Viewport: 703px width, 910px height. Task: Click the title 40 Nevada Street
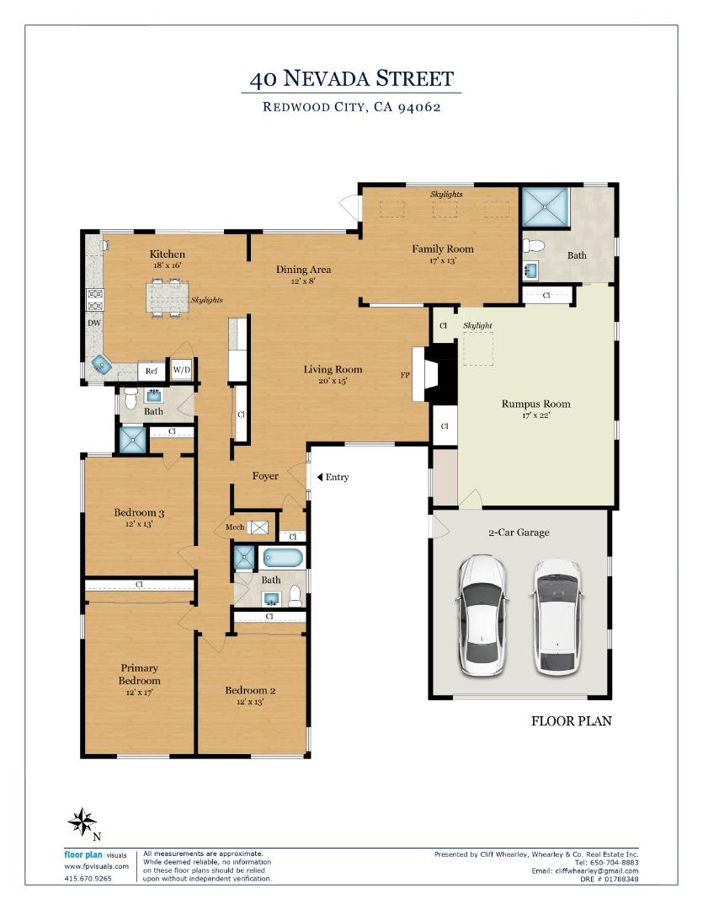click(x=352, y=78)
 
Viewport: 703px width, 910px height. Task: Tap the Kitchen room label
click(x=167, y=254)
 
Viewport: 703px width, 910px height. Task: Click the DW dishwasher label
click(x=94, y=324)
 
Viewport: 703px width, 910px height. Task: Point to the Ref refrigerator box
click(x=152, y=371)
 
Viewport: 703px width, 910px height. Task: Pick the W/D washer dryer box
click(x=182, y=370)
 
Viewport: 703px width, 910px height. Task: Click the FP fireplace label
click(x=405, y=375)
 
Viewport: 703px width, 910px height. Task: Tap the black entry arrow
click(x=319, y=477)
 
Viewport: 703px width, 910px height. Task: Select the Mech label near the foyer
click(x=235, y=527)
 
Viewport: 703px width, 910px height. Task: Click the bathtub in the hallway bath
click(x=283, y=559)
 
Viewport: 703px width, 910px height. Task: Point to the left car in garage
click(x=482, y=616)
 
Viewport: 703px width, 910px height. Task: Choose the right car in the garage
click(x=557, y=618)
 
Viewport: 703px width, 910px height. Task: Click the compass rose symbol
click(x=83, y=822)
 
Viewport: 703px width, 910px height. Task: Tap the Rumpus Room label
click(x=536, y=404)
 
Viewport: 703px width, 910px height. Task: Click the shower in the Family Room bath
click(x=545, y=207)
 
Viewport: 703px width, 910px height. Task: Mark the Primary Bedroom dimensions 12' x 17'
click(x=139, y=693)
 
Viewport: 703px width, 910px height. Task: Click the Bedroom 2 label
click(x=250, y=691)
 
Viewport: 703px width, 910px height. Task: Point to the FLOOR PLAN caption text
click(x=572, y=720)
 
